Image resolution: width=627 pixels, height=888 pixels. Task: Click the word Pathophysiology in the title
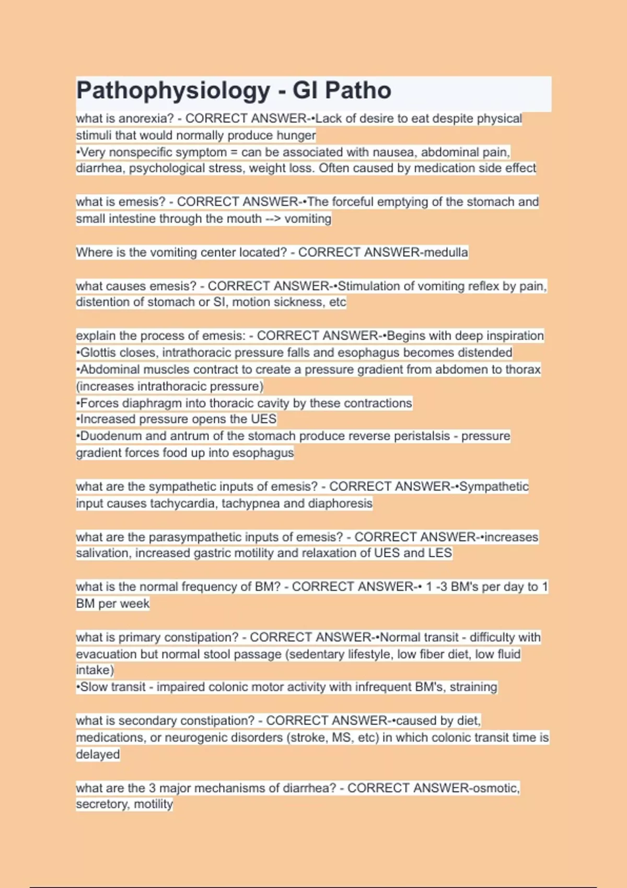[173, 91]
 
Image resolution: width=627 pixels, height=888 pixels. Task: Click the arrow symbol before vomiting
[273, 218]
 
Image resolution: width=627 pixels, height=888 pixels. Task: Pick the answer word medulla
[446, 252]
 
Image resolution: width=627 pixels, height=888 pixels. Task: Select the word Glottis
[99, 353]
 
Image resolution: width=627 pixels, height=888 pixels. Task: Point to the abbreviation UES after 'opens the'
[264, 419]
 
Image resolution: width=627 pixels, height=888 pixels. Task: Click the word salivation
[102, 553]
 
